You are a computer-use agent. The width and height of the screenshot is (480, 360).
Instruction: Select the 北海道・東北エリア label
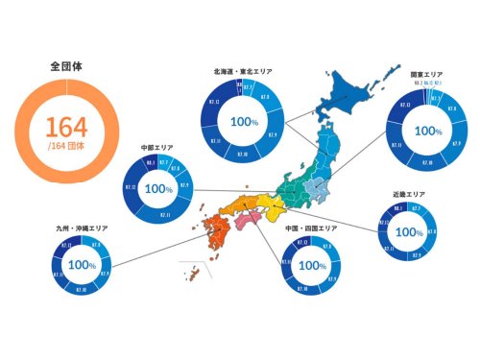(243, 70)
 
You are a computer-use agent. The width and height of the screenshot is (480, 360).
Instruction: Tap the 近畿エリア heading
(409, 194)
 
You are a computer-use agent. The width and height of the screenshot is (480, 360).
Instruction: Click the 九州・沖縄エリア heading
(84, 229)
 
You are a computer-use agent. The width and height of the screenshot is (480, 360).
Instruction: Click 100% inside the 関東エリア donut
(427, 131)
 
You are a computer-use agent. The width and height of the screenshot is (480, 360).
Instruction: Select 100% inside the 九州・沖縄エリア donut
(84, 264)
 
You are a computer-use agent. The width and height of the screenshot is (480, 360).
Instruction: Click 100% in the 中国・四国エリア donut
(309, 263)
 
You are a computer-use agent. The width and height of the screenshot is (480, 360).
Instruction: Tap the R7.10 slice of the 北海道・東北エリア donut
(240, 155)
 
